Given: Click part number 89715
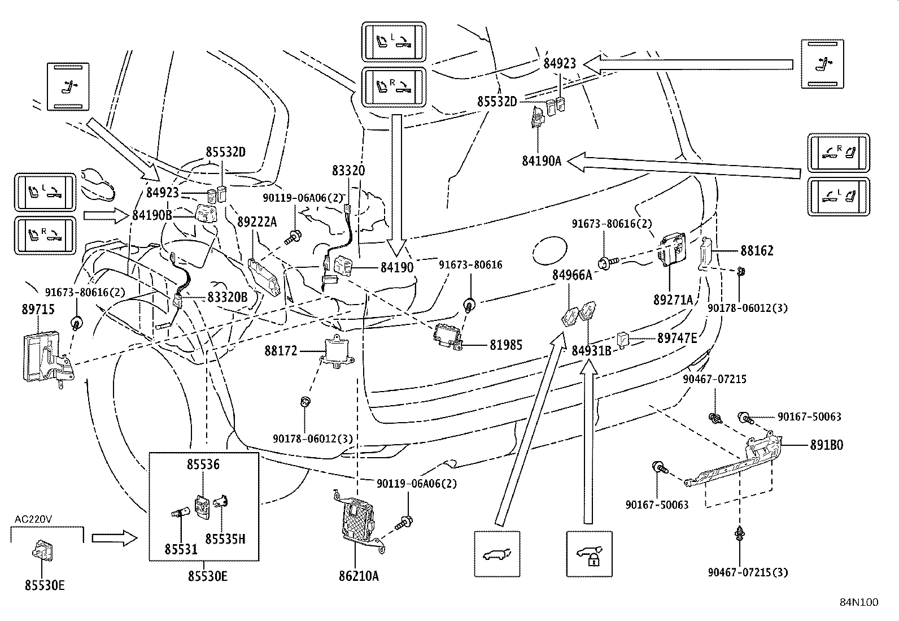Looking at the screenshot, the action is (38, 310).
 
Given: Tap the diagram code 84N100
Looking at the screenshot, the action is (858, 602).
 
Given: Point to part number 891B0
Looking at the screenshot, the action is (826, 445).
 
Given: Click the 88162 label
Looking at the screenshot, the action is (757, 250).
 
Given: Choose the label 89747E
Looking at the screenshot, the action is (677, 338).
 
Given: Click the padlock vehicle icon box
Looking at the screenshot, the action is (589, 553).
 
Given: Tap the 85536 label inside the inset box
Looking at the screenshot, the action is (203, 464).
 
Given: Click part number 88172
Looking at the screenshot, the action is (281, 351).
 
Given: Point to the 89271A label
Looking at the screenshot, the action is (673, 301).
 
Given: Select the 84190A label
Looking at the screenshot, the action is (542, 161).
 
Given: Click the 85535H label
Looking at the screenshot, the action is (225, 539).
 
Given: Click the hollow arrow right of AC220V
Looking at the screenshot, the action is (114, 539).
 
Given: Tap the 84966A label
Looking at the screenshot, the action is (572, 275).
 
